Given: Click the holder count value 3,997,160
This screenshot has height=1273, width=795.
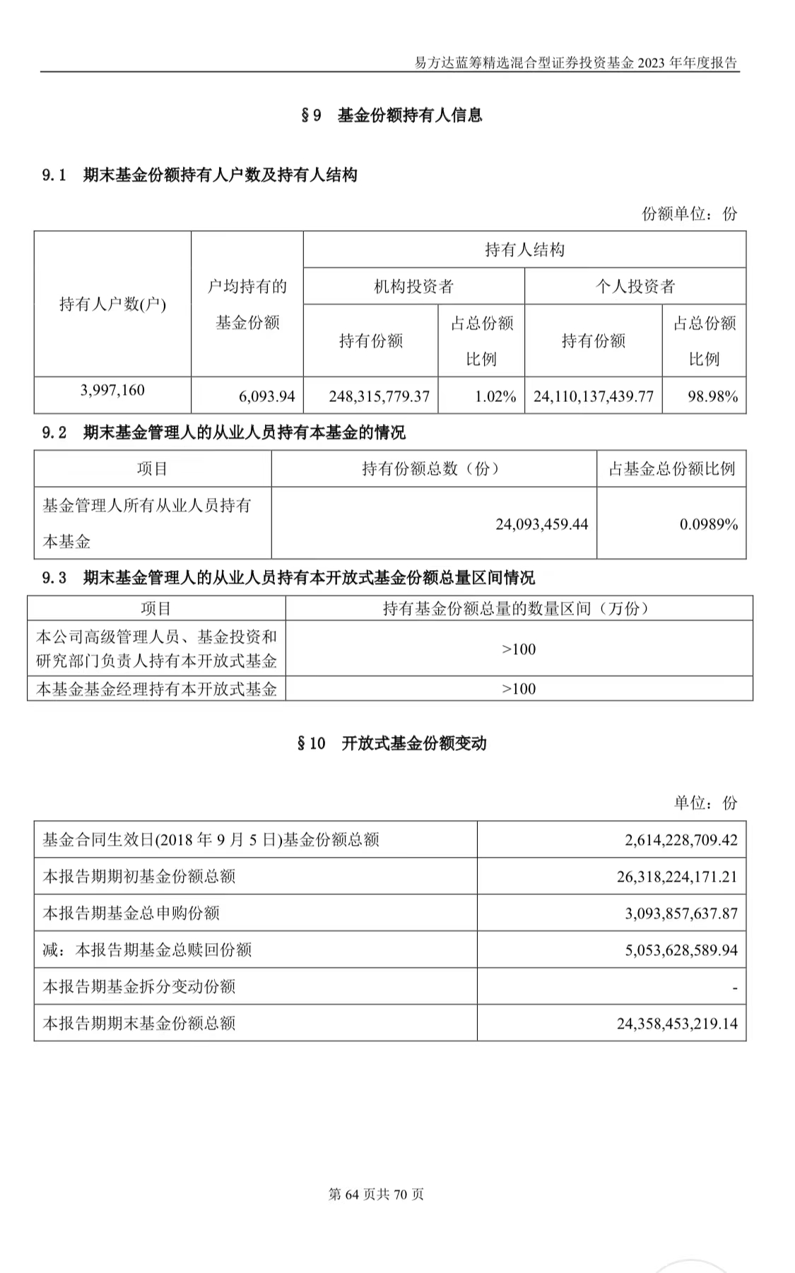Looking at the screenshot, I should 112,390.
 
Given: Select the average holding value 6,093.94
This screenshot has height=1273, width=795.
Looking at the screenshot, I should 266,396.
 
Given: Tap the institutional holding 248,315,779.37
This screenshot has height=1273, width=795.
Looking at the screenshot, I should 379,396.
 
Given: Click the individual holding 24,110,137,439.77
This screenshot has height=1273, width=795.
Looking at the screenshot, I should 593,396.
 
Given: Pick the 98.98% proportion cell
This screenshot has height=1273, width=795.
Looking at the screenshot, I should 712,396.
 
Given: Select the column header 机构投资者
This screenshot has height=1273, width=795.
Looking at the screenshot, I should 413,286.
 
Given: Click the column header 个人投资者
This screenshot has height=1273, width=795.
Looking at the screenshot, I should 635,286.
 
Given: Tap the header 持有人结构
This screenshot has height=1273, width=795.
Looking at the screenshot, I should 524,249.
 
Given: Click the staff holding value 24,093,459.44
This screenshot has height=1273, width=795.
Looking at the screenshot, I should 541,524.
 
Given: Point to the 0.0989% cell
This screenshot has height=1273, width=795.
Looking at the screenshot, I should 708,524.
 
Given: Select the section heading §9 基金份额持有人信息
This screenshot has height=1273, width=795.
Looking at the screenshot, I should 391,115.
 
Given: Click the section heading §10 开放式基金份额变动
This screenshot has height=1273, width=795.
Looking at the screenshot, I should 391,743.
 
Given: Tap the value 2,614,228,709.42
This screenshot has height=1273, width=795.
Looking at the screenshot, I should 681,840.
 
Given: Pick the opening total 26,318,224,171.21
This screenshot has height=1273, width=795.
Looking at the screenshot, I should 676,877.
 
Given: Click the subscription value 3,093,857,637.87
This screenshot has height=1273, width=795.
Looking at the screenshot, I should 681,913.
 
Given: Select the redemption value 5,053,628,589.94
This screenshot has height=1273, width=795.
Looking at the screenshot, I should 681,950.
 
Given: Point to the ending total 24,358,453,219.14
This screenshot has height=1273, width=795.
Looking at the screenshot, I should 676,1024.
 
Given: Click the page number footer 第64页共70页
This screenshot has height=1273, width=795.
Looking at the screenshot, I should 376,1195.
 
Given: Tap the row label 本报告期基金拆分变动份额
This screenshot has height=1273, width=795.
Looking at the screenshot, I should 139,987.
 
